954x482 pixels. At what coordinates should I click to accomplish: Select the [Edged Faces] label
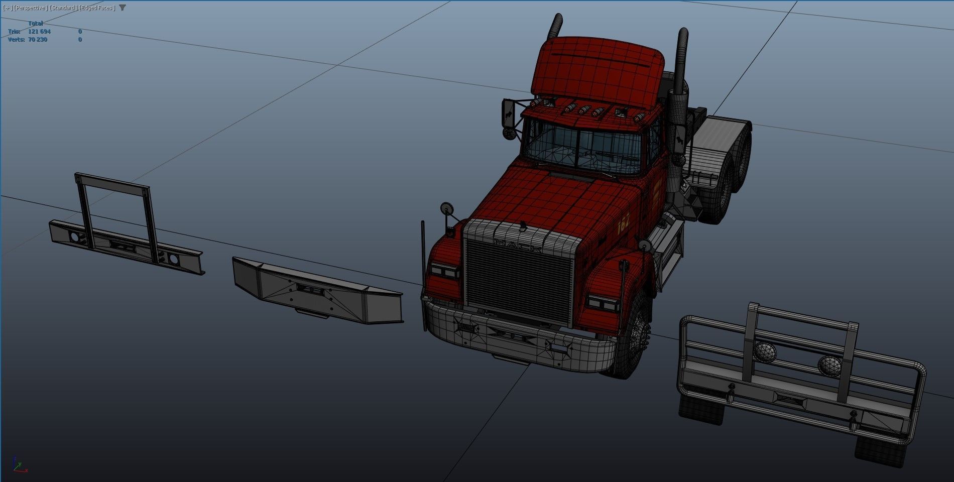pyautogui.click(x=97, y=8)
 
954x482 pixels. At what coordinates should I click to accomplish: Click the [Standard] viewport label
pyautogui.click(x=63, y=8)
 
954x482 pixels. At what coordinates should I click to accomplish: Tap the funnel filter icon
pyautogui.click(x=123, y=8)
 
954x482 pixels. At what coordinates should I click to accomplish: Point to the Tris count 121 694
pyautogui.click(x=39, y=31)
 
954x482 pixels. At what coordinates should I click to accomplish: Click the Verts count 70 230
pyautogui.click(x=38, y=39)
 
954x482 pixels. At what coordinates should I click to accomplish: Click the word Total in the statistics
pyautogui.click(x=35, y=23)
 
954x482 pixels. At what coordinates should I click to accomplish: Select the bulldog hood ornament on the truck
pyautogui.click(x=523, y=226)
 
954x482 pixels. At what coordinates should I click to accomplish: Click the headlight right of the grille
pyautogui.click(x=602, y=303)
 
